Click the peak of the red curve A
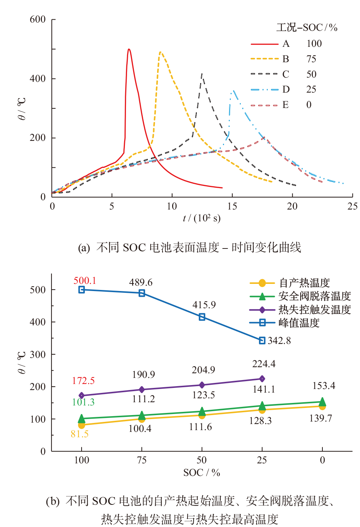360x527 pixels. click(129, 49)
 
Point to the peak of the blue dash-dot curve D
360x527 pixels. click(233, 91)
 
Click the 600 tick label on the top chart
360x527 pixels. click(38, 19)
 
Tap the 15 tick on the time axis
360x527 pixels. click(232, 206)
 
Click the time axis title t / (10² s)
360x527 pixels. click(202, 218)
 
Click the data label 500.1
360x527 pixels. click(85, 281)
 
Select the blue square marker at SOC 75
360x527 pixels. click(142, 293)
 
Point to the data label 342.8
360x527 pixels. click(279, 341)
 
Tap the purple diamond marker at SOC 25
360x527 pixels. click(262, 379)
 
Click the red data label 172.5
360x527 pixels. click(83, 381)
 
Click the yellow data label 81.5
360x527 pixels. click(80, 434)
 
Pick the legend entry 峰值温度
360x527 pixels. click(299, 323)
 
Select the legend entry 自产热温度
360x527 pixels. click(304, 283)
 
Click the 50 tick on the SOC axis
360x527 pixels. click(202, 460)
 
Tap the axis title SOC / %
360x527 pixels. click(202, 473)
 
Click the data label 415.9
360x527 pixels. click(204, 305)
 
